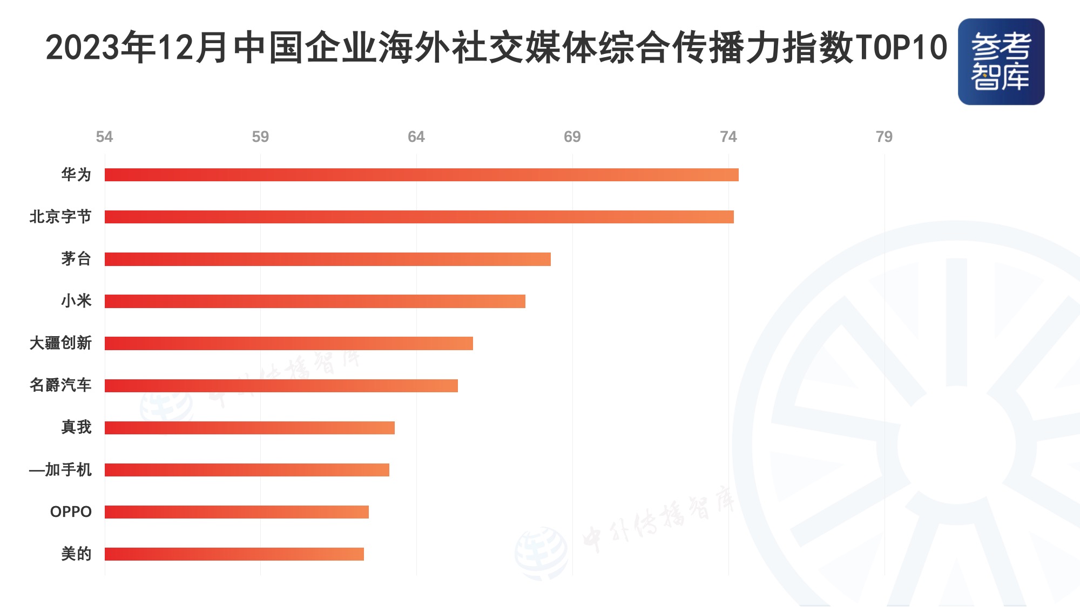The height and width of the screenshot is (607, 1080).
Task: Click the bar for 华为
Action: point(421,175)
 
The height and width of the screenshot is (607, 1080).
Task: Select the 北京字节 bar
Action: point(419,217)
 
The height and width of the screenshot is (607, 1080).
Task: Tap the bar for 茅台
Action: point(327,259)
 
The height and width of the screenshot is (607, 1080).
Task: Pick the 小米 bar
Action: point(315,301)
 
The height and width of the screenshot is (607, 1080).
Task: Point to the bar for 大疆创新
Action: point(288,343)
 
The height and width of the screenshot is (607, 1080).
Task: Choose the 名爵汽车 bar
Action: point(281,385)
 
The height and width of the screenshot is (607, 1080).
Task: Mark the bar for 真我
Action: point(249,428)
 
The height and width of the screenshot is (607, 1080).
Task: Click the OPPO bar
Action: point(237,512)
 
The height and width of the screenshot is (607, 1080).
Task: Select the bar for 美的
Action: point(234,554)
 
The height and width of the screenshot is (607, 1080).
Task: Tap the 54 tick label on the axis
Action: point(104,137)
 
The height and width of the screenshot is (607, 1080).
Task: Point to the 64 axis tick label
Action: point(416,137)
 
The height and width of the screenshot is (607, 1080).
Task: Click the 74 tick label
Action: point(728,137)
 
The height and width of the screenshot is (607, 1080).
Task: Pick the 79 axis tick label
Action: point(884,137)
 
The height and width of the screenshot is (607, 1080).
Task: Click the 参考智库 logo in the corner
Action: point(1001,62)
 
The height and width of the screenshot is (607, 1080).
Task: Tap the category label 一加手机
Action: point(60,470)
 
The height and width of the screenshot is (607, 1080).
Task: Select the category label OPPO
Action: point(71,512)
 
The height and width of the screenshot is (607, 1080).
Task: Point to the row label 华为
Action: point(76,175)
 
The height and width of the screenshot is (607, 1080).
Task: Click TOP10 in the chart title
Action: point(901,47)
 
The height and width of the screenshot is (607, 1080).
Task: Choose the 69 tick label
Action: point(572,137)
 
